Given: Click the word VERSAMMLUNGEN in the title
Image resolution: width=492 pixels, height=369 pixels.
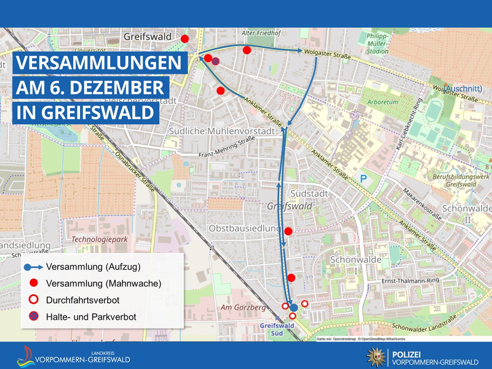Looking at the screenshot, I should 98,64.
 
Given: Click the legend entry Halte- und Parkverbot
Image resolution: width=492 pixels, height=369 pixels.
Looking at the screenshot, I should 91,317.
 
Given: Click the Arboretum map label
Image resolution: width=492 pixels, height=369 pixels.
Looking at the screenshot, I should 379,101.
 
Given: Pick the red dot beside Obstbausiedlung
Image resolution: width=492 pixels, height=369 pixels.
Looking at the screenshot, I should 288,231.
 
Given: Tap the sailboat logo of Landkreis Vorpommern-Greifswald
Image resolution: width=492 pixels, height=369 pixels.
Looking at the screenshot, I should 26,356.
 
